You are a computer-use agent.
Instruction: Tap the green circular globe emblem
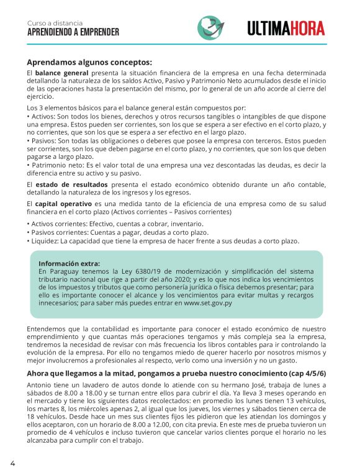pyautogui.click(x=211, y=27)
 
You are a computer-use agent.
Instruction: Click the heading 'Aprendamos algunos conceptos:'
pyautogui.click(x=89, y=62)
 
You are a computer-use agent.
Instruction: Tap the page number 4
pyautogui.click(x=12, y=463)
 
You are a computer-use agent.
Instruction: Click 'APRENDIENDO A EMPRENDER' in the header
pyautogui.click(x=73, y=32)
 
